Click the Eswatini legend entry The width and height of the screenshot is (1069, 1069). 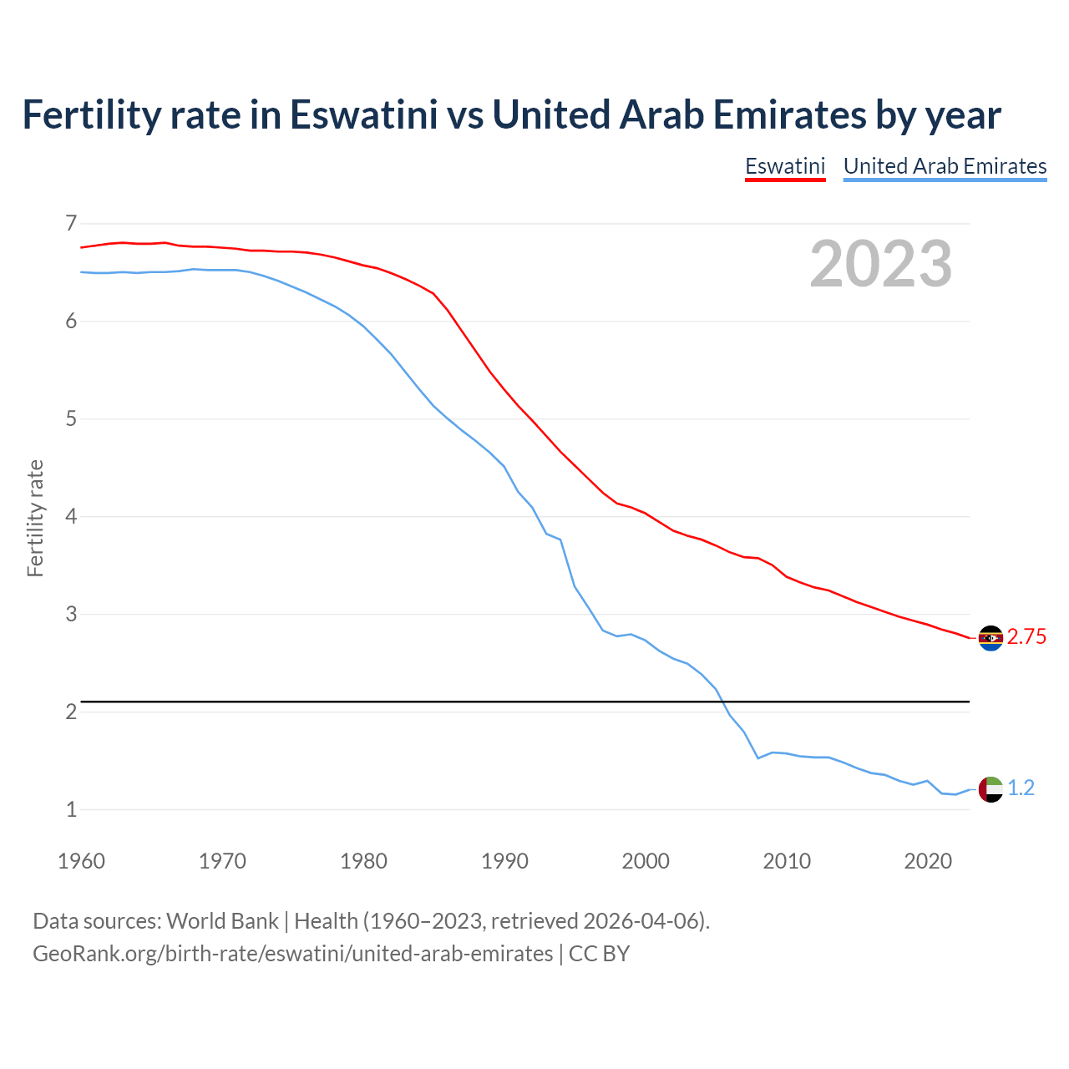(785, 166)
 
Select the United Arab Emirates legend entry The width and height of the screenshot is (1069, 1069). (945, 166)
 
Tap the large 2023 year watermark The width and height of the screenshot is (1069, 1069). (881, 264)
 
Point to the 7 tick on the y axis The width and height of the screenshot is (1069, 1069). (71, 223)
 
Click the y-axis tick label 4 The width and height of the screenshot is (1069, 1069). (71, 516)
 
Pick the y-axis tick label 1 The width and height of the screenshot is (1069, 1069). (71, 809)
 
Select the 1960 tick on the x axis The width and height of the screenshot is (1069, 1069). (81, 861)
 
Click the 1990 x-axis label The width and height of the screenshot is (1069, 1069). (504, 861)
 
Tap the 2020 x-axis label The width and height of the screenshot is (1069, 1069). (928, 861)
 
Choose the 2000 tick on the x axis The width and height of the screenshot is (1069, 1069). (646, 861)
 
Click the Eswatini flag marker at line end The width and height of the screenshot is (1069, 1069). (990, 638)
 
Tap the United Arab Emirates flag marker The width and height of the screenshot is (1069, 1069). (990, 789)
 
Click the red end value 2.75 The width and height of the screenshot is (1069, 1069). (1026, 637)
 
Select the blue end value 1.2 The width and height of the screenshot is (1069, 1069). (1021, 788)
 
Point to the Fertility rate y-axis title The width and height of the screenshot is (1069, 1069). (35, 518)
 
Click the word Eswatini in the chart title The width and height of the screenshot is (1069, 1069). (363, 115)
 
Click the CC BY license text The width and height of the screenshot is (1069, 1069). (599, 954)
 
